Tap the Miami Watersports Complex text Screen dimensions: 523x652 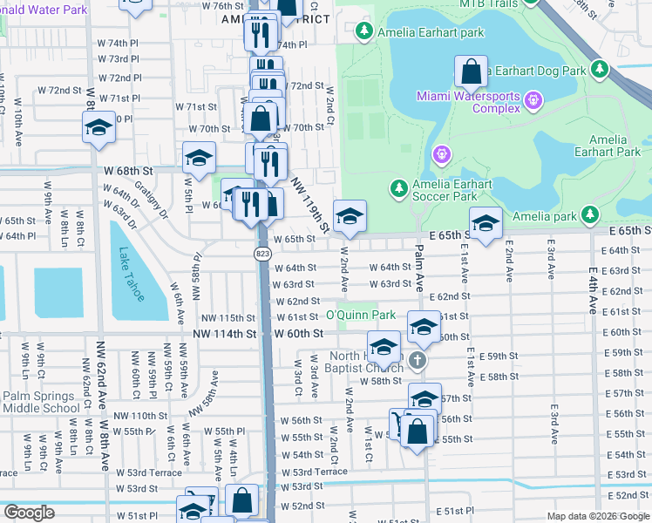click(x=466, y=103)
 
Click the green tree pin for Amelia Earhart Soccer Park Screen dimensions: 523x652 click(x=398, y=187)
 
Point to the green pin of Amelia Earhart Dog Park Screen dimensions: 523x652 click(x=599, y=69)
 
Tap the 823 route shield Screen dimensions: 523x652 click(x=262, y=253)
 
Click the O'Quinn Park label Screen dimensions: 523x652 click(x=361, y=315)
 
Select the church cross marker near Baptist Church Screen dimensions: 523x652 click(x=418, y=360)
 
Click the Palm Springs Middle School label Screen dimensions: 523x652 click(x=40, y=402)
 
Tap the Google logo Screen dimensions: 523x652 click(x=29, y=512)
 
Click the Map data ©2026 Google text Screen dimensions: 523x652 click(x=597, y=516)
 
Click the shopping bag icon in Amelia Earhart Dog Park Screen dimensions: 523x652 click(x=470, y=71)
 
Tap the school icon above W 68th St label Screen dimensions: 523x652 click(x=200, y=158)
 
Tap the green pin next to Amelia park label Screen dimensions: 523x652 click(x=590, y=214)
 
